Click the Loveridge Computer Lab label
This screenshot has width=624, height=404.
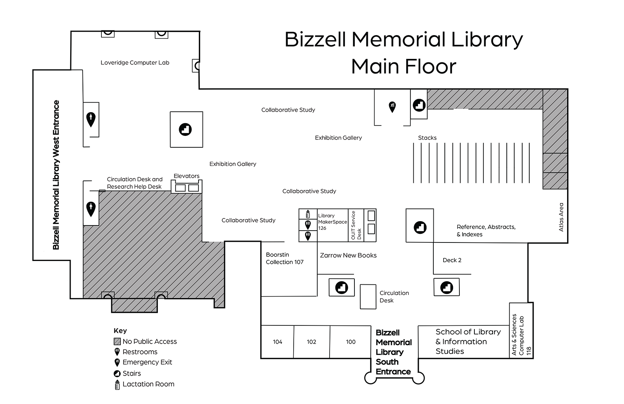[x=135, y=62]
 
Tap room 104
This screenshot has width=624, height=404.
[x=277, y=342]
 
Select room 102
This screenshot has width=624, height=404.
[x=311, y=342]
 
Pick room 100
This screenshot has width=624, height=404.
[x=350, y=342]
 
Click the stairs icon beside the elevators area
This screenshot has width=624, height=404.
[x=185, y=129]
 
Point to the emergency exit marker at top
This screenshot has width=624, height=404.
[x=392, y=107]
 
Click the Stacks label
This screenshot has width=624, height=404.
[x=427, y=138]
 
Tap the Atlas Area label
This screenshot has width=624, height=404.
[x=561, y=217]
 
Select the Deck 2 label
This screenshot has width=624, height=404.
[x=452, y=260]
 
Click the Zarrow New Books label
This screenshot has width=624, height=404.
[x=348, y=256]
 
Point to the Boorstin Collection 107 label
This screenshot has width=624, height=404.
[x=285, y=258]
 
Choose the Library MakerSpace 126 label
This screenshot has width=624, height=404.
[x=332, y=222]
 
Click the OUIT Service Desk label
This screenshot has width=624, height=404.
[x=356, y=225]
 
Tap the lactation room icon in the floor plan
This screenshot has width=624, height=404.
[x=308, y=214]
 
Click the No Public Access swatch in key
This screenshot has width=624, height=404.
[x=117, y=342]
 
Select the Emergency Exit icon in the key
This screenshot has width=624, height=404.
[x=117, y=363]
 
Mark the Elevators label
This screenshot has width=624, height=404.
[x=186, y=176]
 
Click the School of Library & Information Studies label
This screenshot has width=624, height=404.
[x=468, y=342]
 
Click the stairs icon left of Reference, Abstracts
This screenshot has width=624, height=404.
[x=420, y=227]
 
